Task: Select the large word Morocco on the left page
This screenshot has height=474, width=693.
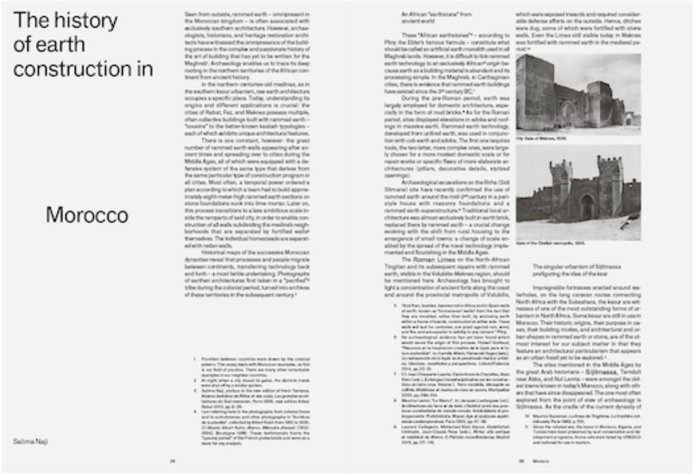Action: pyautogui.click(x=86, y=215)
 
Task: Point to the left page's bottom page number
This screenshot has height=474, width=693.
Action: pyautogui.click(x=171, y=461)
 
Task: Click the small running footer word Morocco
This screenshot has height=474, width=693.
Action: pyautogui.click(x=540, y=461)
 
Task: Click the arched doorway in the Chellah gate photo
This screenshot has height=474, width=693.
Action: pyautogui.click(x=586, y=207)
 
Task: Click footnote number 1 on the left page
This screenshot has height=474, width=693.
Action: pyautogui.click(x=195, y=360)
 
